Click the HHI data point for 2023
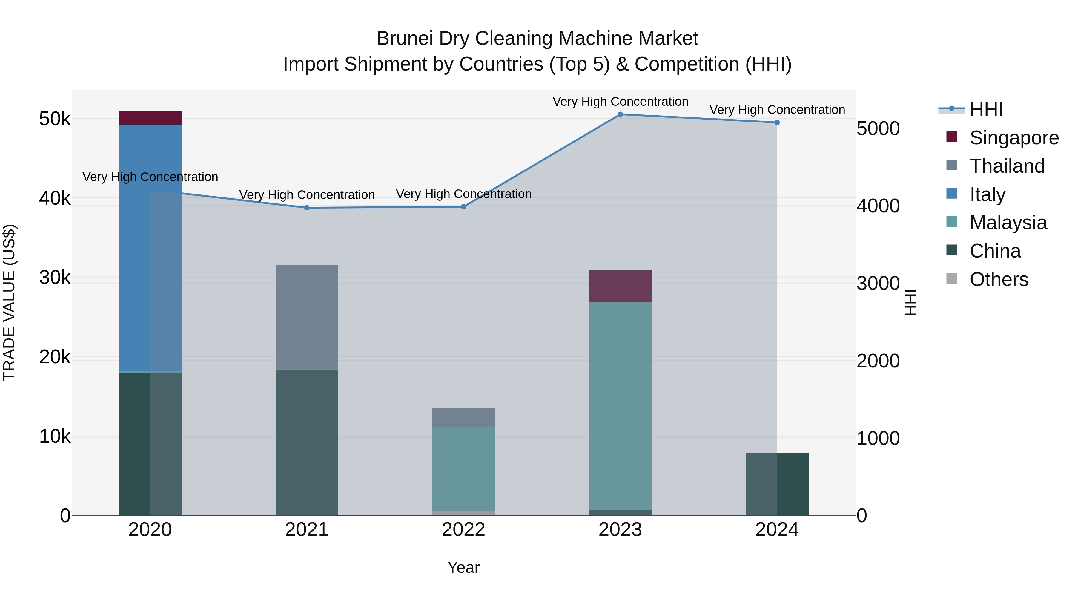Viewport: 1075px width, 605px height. point(620,114)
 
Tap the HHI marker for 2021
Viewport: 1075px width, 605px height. point(307,208)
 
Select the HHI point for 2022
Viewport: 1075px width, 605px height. point(463,207)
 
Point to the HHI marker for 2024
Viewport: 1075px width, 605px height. point(777,122)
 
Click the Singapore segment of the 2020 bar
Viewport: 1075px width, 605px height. point(150,118)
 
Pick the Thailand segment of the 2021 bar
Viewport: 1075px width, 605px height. point(307,317)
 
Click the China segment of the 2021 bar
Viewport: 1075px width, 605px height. point(307,442)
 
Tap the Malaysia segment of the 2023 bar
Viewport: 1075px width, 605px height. point(620,405)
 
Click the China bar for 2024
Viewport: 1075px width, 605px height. point(777,484)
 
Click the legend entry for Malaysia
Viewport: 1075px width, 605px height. point(1008,223)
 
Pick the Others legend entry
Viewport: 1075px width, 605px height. point(999,279)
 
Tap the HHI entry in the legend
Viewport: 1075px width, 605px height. point(986,109)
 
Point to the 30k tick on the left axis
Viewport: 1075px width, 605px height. point(55,278)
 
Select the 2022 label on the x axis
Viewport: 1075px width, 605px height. point(463,530)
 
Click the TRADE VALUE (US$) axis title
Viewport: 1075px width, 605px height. point(9,302)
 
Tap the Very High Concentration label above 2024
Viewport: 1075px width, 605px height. point(777,110)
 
